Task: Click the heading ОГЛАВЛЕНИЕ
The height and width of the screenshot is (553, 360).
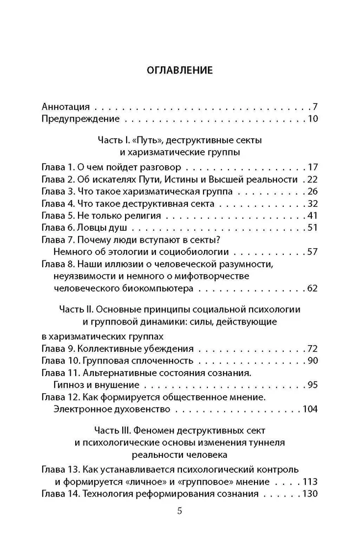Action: coord(180,70)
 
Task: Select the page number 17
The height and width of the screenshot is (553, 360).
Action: coord(312,166)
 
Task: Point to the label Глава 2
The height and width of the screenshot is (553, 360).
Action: coord(56,179)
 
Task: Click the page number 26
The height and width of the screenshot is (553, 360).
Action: coord(312,191)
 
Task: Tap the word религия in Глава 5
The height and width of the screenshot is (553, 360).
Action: coord(143,216)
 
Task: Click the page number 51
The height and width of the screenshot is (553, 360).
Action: coord(312,228)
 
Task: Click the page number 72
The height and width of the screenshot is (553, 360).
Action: coord(312,349)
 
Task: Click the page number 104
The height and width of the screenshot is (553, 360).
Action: coord(310,410)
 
